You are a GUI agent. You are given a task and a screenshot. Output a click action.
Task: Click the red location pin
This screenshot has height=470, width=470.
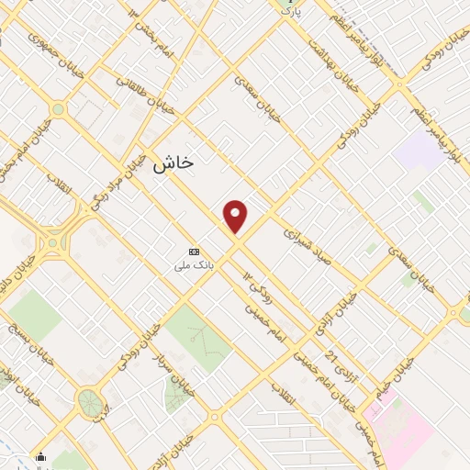point(236,217)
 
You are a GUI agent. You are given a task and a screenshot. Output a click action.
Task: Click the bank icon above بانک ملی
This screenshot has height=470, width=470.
point(194,251)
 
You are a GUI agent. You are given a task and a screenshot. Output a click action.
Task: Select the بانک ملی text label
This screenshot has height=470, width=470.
point(194,265)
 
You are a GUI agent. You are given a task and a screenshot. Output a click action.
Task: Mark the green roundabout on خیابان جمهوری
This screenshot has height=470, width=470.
point(58,109)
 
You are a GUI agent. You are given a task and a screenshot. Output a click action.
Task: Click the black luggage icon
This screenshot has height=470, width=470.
point(39,456)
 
